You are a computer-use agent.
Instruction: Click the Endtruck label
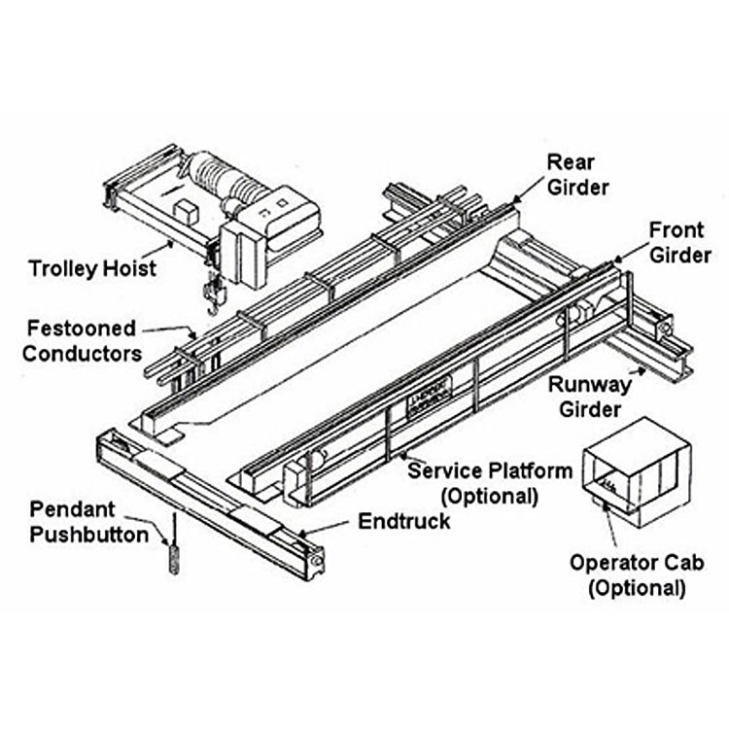point(404,521)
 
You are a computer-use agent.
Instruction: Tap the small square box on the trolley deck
point(183,209)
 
